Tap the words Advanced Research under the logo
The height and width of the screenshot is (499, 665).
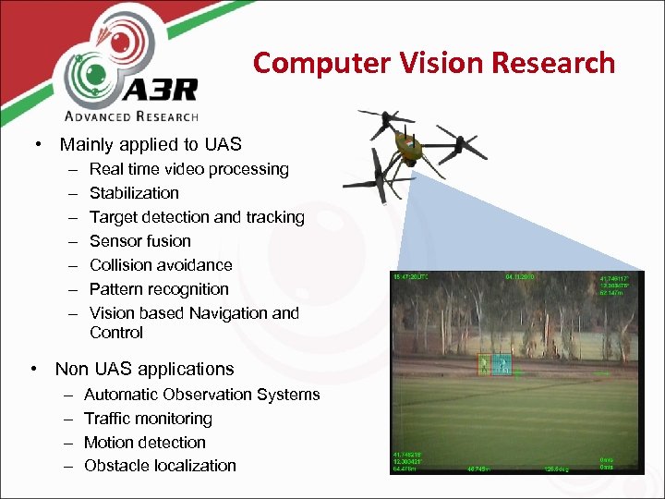point(131,116)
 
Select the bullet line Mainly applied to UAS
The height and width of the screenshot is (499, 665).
point(150,144)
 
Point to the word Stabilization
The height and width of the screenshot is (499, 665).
point(134,193)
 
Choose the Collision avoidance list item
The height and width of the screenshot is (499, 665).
point(161,265)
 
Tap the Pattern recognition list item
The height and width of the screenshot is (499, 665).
point(159,289)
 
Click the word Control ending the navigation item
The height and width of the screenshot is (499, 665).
point(116,333)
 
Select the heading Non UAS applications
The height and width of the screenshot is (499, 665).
point(144,369)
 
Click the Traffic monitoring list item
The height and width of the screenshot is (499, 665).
point(148,419)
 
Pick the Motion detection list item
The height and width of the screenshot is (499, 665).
point(144,443)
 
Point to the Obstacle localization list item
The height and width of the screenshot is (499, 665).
point(160,466)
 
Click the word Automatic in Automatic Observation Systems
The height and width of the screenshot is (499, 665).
point(121,395)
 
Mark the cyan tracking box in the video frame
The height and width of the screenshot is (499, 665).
point(503,365)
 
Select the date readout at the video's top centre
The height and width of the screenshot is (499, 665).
point(521,276)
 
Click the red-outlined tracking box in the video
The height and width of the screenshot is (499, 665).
point(483,365)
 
